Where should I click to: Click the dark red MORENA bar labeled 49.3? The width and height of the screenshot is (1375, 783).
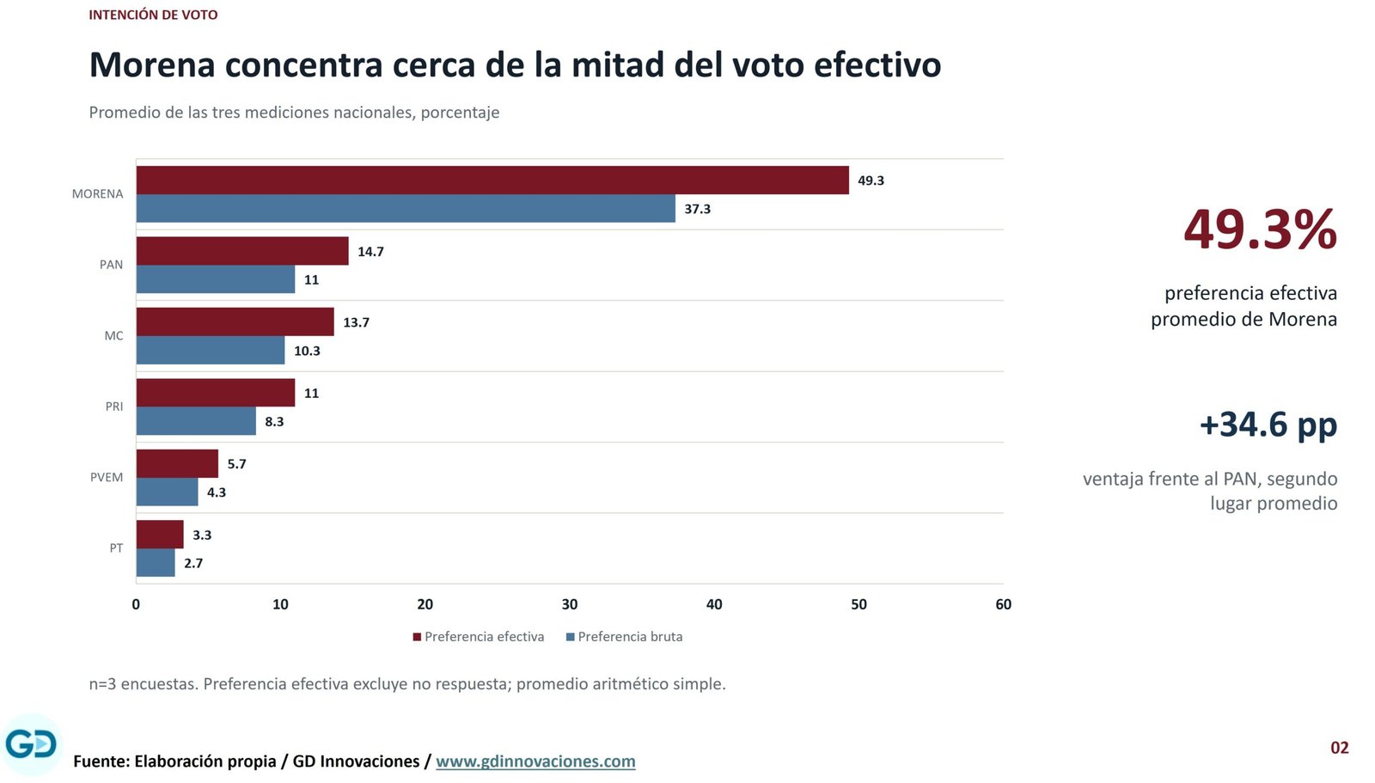(x=492, y=180)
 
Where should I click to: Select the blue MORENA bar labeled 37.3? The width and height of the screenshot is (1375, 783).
(x=406, y=209)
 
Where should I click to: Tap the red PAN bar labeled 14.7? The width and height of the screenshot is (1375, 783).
(x=242, y=251)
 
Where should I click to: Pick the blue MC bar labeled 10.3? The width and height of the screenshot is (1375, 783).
(x=211, y=350)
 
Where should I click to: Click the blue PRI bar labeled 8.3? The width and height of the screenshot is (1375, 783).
(x=196, y=421)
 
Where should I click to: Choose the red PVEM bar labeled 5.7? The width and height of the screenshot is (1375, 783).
(x=177, y=463)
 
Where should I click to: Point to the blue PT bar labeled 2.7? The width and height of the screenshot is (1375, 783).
(x=156, y=562)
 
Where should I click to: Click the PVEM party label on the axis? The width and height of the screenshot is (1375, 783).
(x=107, y=477)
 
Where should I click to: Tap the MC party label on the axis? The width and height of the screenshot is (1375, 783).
(x=114, y=336)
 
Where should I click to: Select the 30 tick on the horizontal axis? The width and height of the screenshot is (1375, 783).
(x=570, y=604)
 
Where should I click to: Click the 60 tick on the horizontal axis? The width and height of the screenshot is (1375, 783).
(x=1003, y=604)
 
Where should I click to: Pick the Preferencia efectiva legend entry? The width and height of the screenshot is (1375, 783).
(x=479, y=637)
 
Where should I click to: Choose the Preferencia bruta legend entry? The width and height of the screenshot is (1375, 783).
(x=624, y=637)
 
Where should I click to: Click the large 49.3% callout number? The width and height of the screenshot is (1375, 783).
(x=1260, y=229)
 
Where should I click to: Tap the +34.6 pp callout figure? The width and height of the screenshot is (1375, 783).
(x=1268, y=425)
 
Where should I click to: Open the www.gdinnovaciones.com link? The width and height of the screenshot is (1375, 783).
(x=536, y=762)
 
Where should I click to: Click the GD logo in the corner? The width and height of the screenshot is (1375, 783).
(x=31, y=745)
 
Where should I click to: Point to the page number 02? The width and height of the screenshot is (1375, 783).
(x=1340, y=748)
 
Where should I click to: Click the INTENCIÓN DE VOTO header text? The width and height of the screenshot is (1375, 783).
(x=154, y=15)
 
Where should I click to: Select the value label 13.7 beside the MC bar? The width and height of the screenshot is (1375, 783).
(x=356, y=322)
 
